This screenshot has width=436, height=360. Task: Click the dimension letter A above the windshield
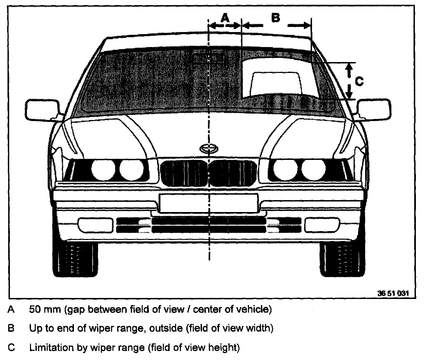pyautogui.click(x=225, y=18)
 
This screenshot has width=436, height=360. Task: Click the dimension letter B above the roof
pyautogui.click(x=275, y=17)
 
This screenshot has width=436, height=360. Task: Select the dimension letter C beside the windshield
pyautogui.click(x=359, y=81)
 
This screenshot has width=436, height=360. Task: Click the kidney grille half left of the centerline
pyautogui.click(x=184, y=174)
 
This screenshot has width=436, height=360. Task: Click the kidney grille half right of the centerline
pyautogui.click(x=233, y=174)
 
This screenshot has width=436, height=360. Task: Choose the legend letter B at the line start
pyautogui.click(x=11, y=329)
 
